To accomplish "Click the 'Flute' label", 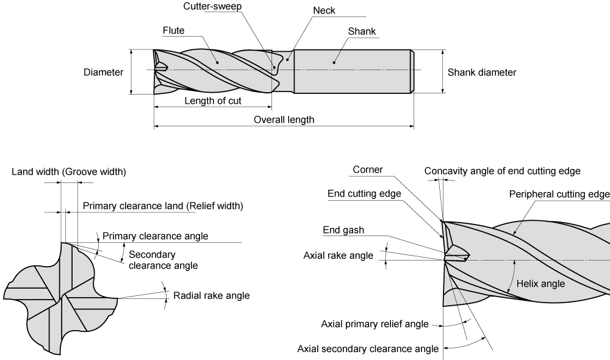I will (x=174, y=31).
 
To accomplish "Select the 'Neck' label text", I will (x=324, y=11).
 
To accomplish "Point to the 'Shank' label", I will (x=362, y=31).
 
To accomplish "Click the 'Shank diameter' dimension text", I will (x=482, y=73).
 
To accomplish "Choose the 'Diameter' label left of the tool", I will (x=103, y=73).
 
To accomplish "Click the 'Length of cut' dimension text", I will (x=213, y=101).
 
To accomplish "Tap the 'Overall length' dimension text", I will (x=284, y=120).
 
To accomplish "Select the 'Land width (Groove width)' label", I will (x=69, y=171).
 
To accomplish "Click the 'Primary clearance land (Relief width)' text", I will (x=163, y=206).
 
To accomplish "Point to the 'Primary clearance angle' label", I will (x=155, y=236).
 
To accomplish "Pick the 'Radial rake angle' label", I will (x=212, y=295).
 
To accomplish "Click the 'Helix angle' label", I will (x=540, y=284).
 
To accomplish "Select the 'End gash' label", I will (x=343, y=230).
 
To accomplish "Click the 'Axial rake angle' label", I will (x=338, y=256).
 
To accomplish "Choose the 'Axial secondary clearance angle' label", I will (x=368, y=349).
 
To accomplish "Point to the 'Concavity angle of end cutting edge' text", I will (x=502, y=171).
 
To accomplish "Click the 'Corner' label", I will (x=367, y=170).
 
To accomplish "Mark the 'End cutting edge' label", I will (x=364, y=194).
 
